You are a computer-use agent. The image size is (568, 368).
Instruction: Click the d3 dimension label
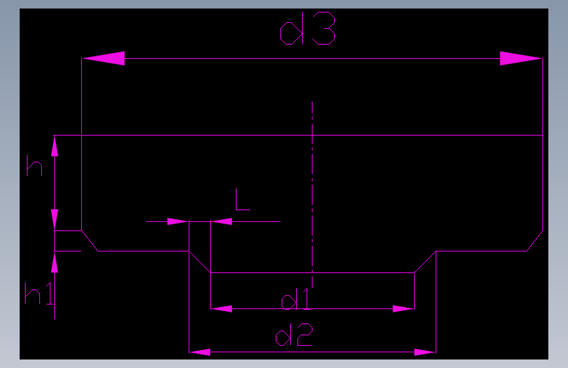[x=307, y=31]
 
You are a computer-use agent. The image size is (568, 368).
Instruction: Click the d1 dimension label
[x=295, y=301]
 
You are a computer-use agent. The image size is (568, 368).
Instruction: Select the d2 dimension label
[x=294, y=337]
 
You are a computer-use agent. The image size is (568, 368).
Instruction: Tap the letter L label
[x=242, y=200]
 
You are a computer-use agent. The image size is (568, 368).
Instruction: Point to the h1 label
[x=38, y=294]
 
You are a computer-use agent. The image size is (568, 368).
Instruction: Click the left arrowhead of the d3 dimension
[x=104, y=58]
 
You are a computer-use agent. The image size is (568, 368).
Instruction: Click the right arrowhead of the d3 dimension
[x=521, y=58]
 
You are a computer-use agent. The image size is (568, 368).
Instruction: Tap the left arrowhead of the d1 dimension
[x=221, y=308]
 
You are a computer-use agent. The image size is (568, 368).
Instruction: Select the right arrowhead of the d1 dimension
[x=404, y=308]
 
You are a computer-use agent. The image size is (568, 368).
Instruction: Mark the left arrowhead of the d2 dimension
[x=200, y=352]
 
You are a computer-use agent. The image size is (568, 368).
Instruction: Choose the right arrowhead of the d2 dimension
[x=425, y=352]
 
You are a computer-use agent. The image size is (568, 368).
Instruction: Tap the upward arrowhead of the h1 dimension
[x=54, y=263]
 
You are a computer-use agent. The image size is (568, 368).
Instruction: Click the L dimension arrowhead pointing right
[x=178, y=221]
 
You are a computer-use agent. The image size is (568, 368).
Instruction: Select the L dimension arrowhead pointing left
[x=221, y=221]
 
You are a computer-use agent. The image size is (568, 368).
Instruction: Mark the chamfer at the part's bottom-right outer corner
[x=535, y=240]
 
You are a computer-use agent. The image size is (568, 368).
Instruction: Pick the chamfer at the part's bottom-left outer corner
[x=90, y=240]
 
